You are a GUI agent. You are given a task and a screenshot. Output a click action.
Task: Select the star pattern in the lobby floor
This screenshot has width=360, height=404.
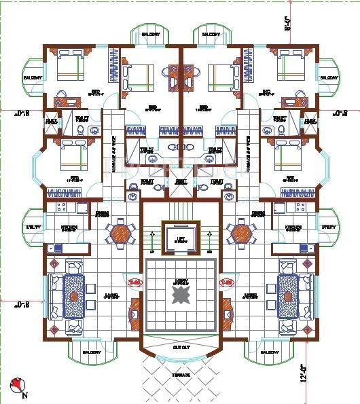[x=180, y=295]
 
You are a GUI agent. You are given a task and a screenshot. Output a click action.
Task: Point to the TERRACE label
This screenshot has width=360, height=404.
[x=180, y=374]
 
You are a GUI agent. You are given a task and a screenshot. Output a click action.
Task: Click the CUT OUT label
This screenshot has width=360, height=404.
[x=180, y=346]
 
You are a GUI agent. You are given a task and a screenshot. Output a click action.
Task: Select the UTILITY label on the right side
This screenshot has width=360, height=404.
[x=329, y=226]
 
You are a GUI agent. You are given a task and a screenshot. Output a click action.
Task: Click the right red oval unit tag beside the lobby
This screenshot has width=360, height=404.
[x=225, y=281]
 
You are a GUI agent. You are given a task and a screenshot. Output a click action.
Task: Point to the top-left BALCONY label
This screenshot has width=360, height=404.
[x=151, y=35]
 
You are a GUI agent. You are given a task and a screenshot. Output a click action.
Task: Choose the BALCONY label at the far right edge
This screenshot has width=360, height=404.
[x=328, y=77]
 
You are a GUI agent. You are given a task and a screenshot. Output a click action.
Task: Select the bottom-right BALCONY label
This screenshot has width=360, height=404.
[x=270, y=353]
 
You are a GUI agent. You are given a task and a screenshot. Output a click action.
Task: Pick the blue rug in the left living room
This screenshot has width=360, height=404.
[x=74, y=297]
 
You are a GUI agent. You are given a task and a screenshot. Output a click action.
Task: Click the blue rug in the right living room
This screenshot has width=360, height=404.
[x=287, y=297]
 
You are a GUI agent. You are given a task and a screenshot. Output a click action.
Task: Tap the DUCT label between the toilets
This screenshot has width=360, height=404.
[x=180, y=181]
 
